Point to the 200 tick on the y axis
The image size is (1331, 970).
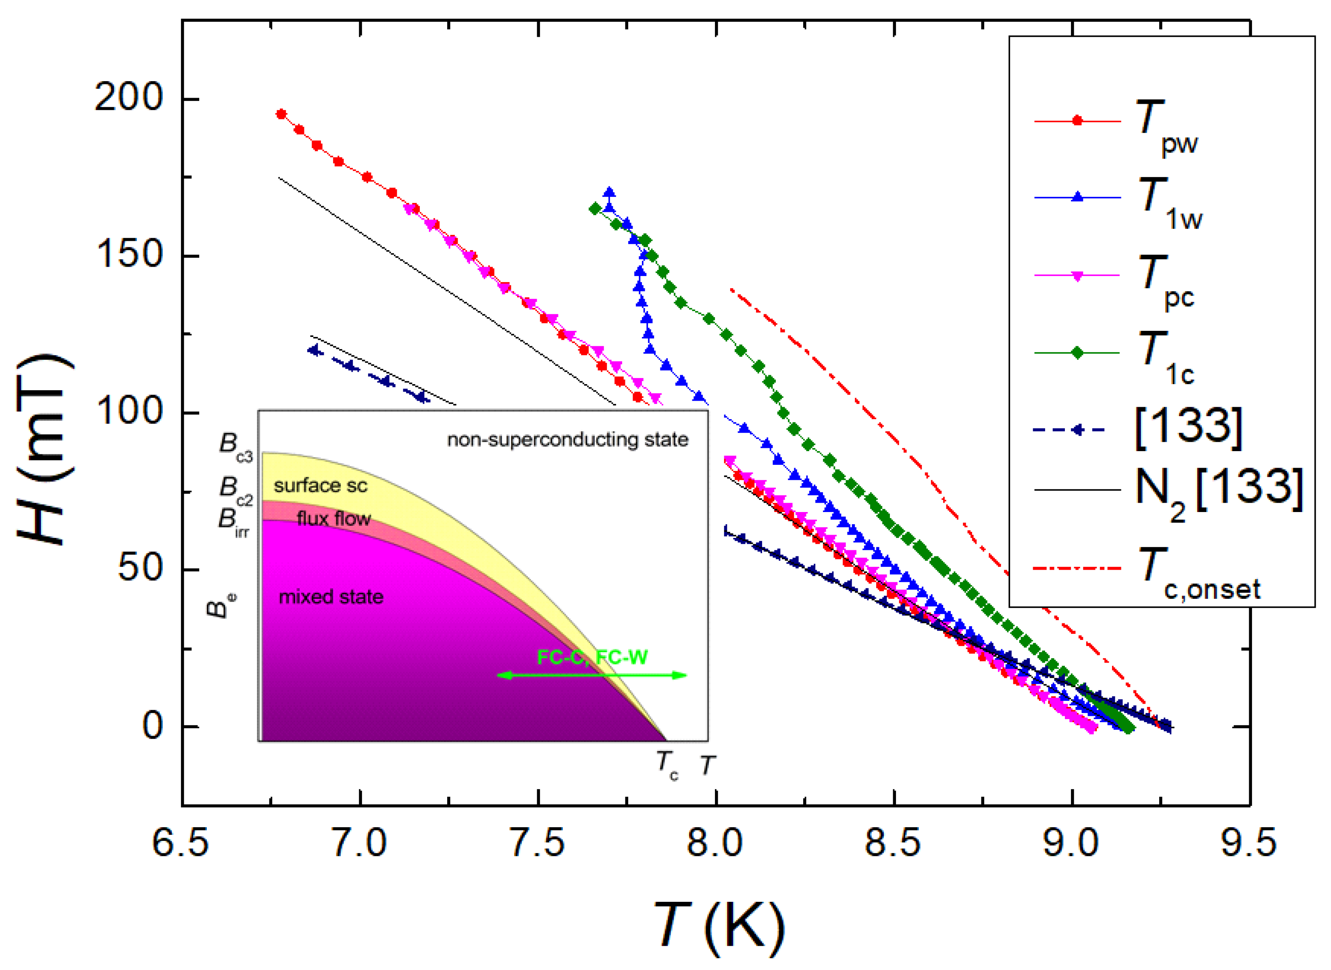pyautogui.click(x=128, y=98)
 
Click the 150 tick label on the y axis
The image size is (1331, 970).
pyautogui.click(x=128, y=255)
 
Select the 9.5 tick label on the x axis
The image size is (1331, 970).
pyautogui.click(x=1249, y=843)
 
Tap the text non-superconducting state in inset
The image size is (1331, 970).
pyautogui.click(x=567, y=440)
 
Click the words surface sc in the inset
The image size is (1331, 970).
pyautogui.click(x=321, y=485)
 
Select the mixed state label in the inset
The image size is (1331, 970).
pyautogui.click(x=331, y=597)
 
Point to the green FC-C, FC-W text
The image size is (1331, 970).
pyautogui.click(x=592, y=657)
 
